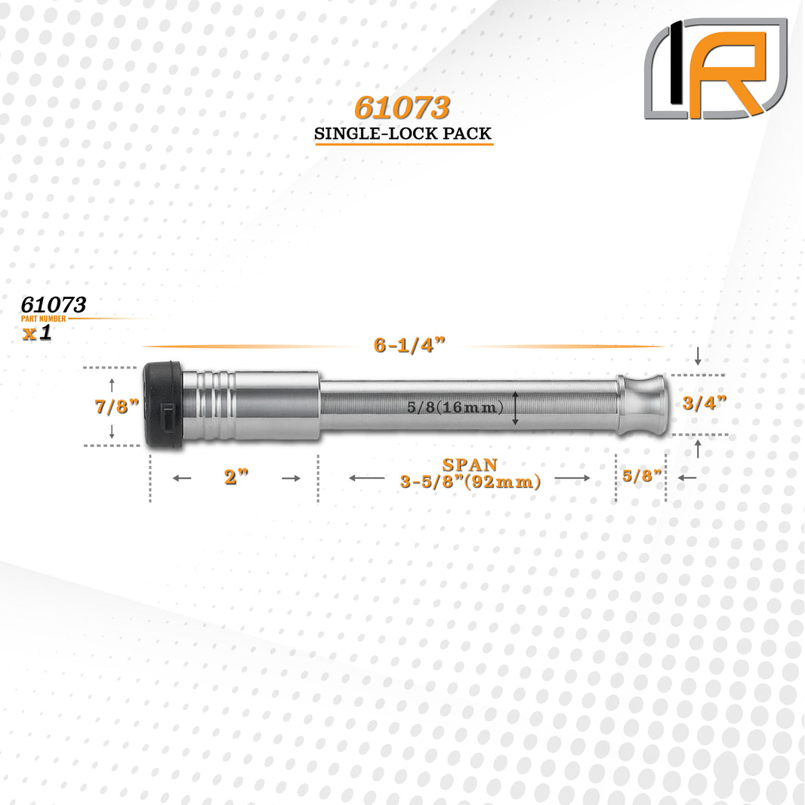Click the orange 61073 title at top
coord(402,109)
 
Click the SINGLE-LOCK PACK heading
coord(403,134)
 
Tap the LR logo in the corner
coord(715,69)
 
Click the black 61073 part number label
coord(54,305)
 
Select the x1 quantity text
coord(37,334)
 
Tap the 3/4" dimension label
coord(704,403)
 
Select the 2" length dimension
coord(236,477)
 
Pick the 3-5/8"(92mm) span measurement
coord(470,482)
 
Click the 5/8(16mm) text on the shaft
coord(455,408)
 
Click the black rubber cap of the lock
coord(163,406)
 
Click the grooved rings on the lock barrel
coord(209,406)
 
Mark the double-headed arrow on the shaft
coord(516,408)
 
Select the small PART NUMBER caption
coord(44,319)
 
